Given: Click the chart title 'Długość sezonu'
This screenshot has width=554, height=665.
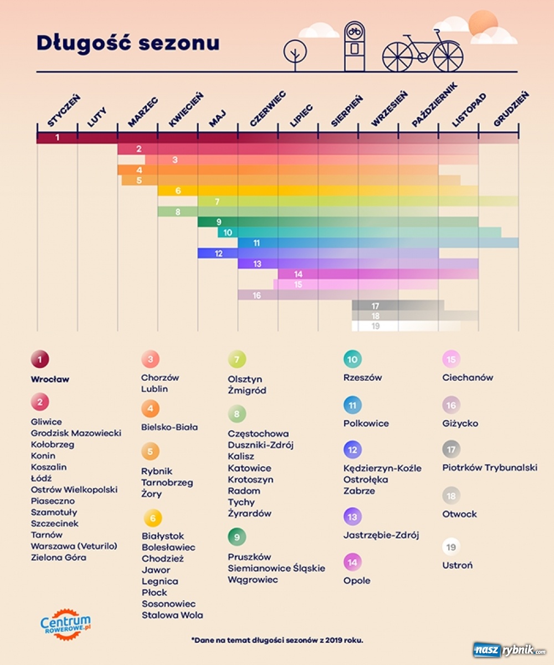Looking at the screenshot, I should (x=127, y=43).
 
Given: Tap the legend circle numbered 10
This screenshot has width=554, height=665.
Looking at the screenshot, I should (x=352, y=359).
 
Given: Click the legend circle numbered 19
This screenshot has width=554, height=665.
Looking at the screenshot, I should (x=451, y=547).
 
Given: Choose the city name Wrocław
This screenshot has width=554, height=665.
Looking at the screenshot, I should (x=50, y=380).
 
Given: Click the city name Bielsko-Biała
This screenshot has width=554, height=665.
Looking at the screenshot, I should (x=169, y=427).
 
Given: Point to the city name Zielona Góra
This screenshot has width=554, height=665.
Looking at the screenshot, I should (x=59, y=557).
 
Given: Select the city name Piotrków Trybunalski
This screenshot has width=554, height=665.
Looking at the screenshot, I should (x=490, y=468).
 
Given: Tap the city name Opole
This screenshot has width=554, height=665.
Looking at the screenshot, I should (x=357, y=581).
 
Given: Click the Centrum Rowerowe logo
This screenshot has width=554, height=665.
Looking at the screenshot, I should (x=65, y=625).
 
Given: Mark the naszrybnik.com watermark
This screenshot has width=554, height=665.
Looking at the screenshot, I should (x=510, y=650).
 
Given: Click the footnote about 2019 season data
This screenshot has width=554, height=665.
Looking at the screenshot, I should (x=277, y=640).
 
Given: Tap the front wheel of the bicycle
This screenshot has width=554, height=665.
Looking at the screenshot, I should (x=448, y=57).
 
